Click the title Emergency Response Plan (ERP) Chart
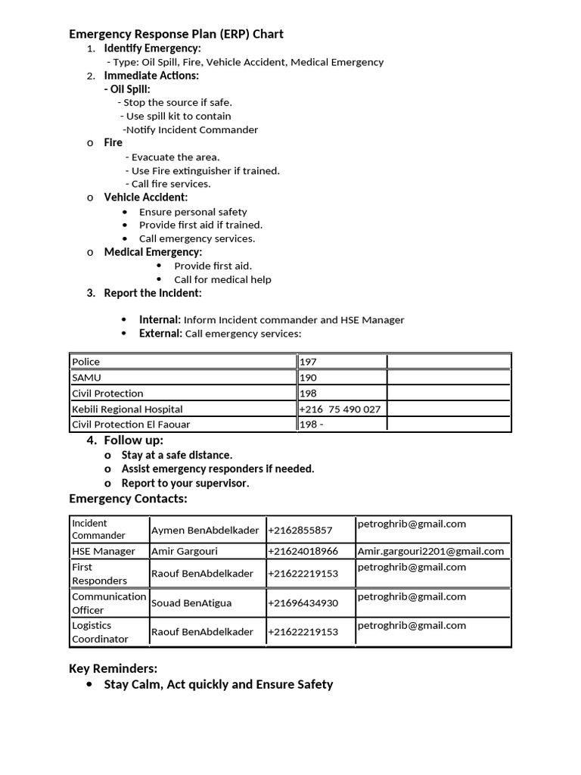176,34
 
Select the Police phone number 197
309,362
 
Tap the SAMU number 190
309,378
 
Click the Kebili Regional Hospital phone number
340,409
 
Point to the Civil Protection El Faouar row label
131,425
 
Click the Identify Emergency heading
152,48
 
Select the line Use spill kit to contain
179,116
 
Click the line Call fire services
171,184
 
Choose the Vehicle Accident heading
146,198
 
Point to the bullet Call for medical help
222,279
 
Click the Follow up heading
133,440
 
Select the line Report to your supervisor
185,483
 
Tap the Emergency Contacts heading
128,499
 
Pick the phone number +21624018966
303,552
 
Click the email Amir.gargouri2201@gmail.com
430,552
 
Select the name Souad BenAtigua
191,603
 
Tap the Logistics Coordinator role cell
101,632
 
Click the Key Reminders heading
113,668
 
